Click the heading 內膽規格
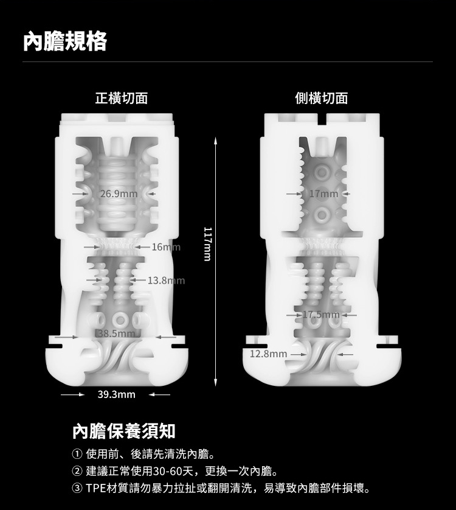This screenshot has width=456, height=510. pyautogui.click(x=65, y=41)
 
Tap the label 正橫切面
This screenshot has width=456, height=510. pyautogui.click(x=122, y=98)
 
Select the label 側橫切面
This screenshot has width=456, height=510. pyautogui.click(x=322, y=98)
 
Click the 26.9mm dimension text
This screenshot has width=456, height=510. pyautogui.click(x=119, y=194)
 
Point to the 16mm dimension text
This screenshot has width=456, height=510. pyautogui.click(x=166, y=247)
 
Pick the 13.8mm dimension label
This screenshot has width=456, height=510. pyautogui.click(x=167, y=280)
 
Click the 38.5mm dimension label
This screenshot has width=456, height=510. pyautogui.click(x=116, y=334)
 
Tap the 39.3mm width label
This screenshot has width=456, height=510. pyautogui.click(x=116, y=394)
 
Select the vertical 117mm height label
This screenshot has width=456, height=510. pyautogui.click(x=208, y=244)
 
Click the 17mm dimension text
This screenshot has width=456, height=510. pyautogui.click(x=323, y=194)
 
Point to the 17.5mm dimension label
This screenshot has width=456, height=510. pyautogui.click(x=321, y=315)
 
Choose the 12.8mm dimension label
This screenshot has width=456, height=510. pyautogui.click(x=268, y=354)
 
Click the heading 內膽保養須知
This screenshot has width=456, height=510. pyautogui.click(x=124, y=431)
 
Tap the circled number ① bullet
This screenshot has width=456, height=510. pyautogui.click(x=77, y=454)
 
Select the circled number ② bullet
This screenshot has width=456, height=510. pyautogui.click(x=77, y=470)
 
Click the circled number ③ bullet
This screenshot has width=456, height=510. pyautogui.click(x=77, y=488)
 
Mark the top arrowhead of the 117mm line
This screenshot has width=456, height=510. pyautogui.click(x=215, y=140)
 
